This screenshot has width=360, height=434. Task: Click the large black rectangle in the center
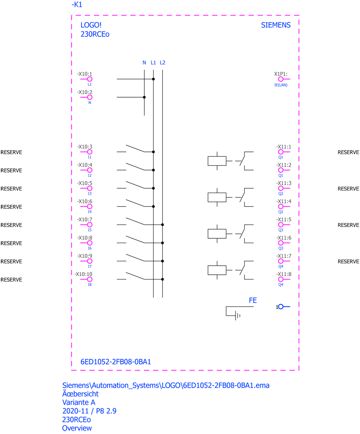(182, 195)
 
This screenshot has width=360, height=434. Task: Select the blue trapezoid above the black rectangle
(169, 54)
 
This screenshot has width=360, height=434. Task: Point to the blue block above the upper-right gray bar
(271, 37)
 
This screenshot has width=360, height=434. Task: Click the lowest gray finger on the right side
(278, 273)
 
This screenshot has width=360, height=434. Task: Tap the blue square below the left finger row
(95, 293)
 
